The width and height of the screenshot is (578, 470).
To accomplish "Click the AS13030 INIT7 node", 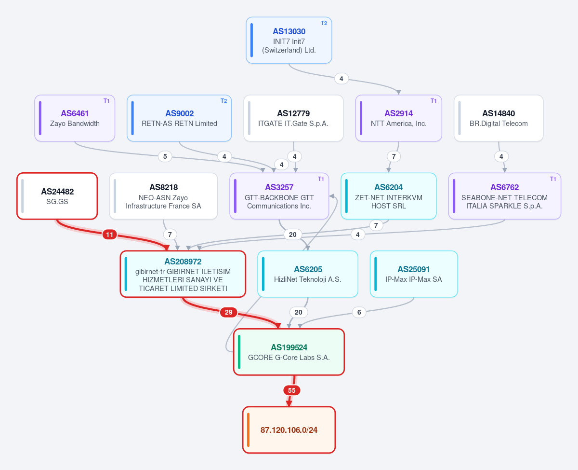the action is [289, 40].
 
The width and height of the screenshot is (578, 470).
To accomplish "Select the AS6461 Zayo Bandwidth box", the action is [75, 118].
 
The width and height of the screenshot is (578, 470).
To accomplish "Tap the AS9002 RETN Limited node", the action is [179, 118].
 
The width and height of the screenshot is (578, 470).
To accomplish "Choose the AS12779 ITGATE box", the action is [293, 118].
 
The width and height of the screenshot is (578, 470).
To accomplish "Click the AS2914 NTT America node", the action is [399, 118].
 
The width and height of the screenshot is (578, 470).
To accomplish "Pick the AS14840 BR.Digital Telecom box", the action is [499, 118].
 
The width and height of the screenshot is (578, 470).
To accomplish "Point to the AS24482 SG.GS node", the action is [57, 196].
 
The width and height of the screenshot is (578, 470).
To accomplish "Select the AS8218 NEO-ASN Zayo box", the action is [163, 196].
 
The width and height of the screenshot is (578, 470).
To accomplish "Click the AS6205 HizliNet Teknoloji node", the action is [308, 274].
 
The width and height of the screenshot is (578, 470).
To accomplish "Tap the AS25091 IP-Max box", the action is [414, 274].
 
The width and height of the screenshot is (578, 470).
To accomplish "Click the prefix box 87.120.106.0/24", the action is [289, 430].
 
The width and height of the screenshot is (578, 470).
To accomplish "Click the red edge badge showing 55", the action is [292, 390].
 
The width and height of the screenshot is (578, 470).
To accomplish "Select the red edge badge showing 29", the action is [228, 312].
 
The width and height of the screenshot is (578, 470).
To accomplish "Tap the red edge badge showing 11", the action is [110, 235].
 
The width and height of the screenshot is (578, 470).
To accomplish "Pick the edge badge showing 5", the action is [165, 156].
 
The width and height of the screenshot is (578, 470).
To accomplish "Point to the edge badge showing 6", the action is [359, 312].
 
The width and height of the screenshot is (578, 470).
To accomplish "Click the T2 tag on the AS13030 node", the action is [324, 23].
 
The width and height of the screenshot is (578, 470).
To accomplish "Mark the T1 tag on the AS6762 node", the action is [553, 179].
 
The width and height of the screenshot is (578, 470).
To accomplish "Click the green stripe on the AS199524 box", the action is [239, 352].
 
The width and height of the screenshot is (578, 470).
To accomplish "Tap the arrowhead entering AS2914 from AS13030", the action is [399, 93].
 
